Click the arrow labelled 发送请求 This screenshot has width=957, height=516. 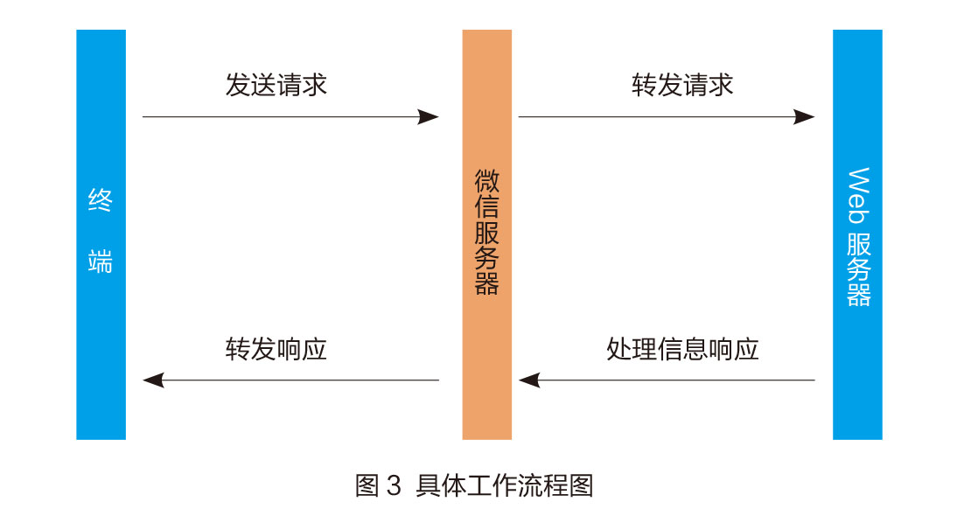[x=289, y=117]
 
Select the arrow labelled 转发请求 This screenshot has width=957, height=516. [x=665, y=117]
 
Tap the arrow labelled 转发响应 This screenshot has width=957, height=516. [x=289, y=380]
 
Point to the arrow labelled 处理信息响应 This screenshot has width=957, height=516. [x=665, y=380]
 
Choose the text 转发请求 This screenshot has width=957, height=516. [x=682, y=85]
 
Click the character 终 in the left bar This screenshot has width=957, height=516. [x=101, y=202]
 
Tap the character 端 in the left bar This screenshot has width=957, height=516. [x=101, y=261]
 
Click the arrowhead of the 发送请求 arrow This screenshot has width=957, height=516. [x=428, y=117]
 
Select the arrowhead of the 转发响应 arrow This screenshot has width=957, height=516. [x=154, y=380]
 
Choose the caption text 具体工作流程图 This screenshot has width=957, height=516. [x=506, y=485]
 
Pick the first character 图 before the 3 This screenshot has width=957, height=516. [x=367, y=485]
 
